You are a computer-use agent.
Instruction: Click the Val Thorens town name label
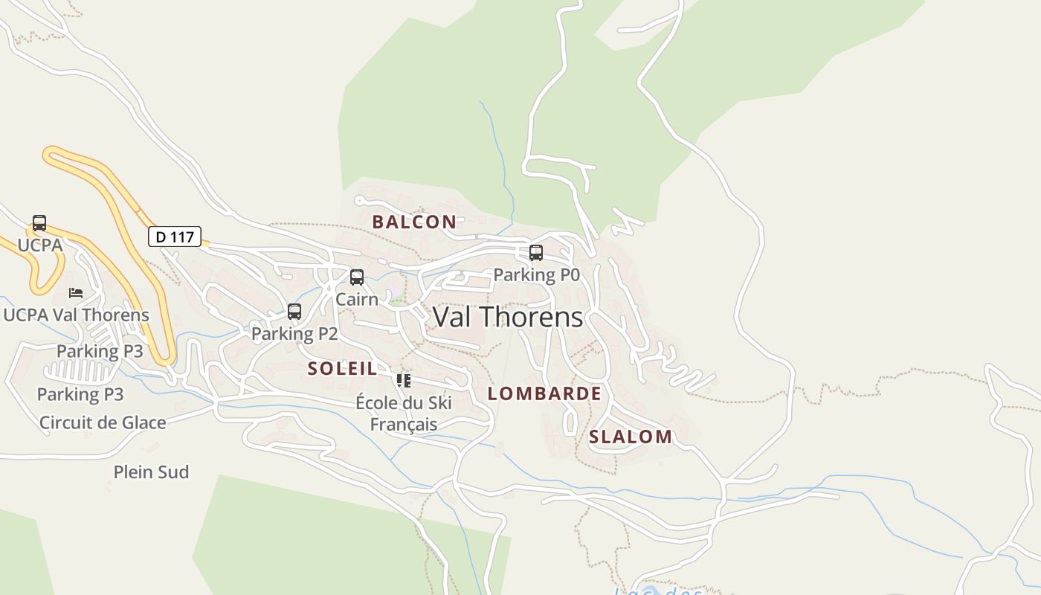click(x=508, y=318)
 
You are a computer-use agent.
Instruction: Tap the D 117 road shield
click(x=175, y=237)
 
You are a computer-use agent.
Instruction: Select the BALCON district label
click(x=414, y=222)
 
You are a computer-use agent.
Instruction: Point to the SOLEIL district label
click(x=342, y=368)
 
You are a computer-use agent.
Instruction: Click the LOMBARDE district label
click(x=544, y=394)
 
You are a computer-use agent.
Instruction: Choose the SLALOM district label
click(x=631, y=437)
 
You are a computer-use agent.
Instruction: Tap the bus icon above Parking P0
click(x=536, y=253)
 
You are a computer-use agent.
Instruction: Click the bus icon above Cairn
click(x=357, y=277)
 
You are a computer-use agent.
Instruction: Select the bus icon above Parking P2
click(x=294, y=312)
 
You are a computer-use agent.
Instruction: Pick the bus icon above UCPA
click(x=39, y=223)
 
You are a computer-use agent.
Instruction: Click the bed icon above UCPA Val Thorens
click(x=75, y=293)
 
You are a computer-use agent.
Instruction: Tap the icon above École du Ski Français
click(x=404, y=381)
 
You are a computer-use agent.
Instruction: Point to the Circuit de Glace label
click(x=103, y=423)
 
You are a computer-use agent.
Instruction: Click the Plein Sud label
click(x=151, y=472)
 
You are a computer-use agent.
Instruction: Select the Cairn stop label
click(x=357, y=299)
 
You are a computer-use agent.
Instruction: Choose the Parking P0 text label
click(x=536, y=275)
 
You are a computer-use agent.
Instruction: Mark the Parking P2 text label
click(x=294, y=334)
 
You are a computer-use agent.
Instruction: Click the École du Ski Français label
click(x=404, y=414)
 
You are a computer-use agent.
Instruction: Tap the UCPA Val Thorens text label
click(x=77, y=315)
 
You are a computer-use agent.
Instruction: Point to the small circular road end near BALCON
click(x=359, y=200)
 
